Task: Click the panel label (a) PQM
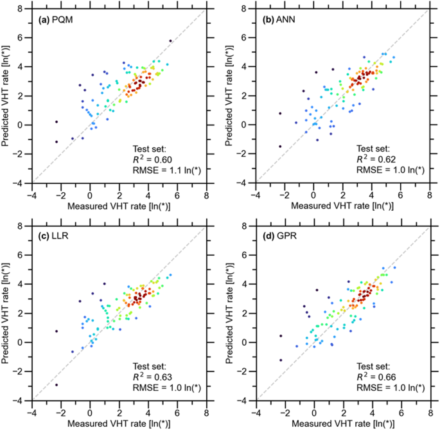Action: (55, 21)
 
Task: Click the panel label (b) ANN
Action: (277, 21)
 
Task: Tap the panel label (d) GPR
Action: (277, 238)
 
